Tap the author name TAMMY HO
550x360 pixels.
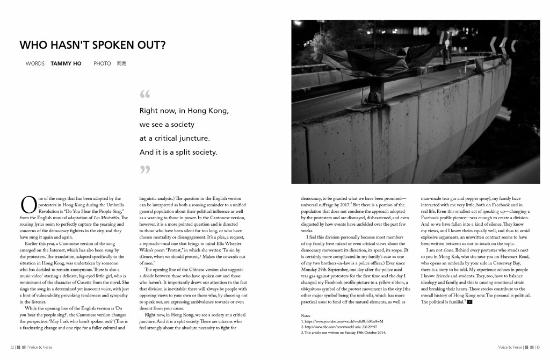pyautogui.click(x=66, y=63)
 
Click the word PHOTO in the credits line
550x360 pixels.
pyautogui.click(x=102, y=63)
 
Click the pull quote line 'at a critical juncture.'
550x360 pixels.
pyautogui.click(x=172, y=138)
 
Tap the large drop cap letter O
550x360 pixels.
pyautogui.click(x=27, y=205)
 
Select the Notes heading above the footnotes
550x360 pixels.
pyautogui.click(x=306, y=315)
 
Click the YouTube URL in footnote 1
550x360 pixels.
pyautogui.click(x=344, y=321)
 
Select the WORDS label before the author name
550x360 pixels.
pyautogui.click(x=35, y=63)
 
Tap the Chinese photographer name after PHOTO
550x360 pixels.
pyautogui.click(x=121, y=63)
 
